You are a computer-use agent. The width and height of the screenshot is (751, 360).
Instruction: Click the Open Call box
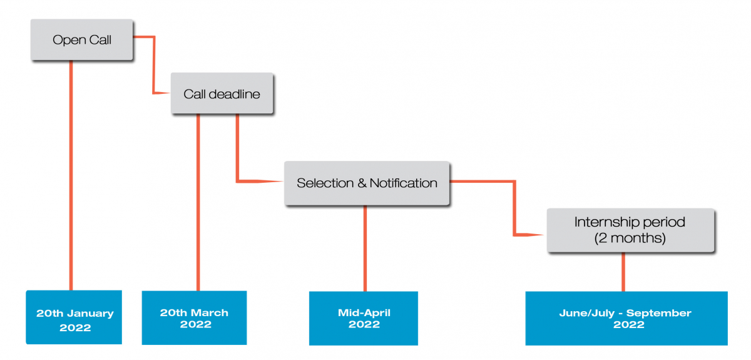click(x=82, y=39)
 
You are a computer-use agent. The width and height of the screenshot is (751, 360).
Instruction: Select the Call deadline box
click(x=222, y=93)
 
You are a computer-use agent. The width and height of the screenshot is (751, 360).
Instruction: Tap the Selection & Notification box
click(x=367, y=183)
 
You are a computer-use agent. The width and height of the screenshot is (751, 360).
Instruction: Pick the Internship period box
click(x=630, y=230)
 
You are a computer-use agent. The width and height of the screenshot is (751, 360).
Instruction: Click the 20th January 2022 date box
click(x=74, y=317)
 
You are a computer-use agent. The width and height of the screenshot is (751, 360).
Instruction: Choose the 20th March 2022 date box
click(x=195, y=317)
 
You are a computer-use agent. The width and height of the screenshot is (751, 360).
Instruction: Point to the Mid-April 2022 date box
click(x=364, y=319)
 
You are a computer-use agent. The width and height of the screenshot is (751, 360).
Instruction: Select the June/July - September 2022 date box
click(x=626, y=319)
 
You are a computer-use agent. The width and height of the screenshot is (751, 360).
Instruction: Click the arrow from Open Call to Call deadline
click(x=153, y=64)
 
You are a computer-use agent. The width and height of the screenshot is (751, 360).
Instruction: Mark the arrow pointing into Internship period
click(x=514, y=208)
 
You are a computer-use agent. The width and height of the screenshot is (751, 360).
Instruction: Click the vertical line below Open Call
click(x=71, y=175)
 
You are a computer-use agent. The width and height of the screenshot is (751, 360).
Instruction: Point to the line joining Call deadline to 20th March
click(x=198, y=202)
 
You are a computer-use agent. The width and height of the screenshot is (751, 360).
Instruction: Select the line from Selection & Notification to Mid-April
click(x=365, y=249)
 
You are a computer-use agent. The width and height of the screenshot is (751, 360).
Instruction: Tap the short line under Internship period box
click(x=623, y=272)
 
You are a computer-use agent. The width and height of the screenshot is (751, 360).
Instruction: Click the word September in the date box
click(x=659, y=314)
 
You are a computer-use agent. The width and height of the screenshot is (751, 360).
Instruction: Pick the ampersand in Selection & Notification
click(x=362, y=183)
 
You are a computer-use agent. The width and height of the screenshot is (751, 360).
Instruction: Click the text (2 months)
click(x=630, y=238)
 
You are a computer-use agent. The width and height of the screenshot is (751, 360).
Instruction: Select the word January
click(x=90, y=314)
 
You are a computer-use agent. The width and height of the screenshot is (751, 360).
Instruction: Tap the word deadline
click(x=234, y=94)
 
